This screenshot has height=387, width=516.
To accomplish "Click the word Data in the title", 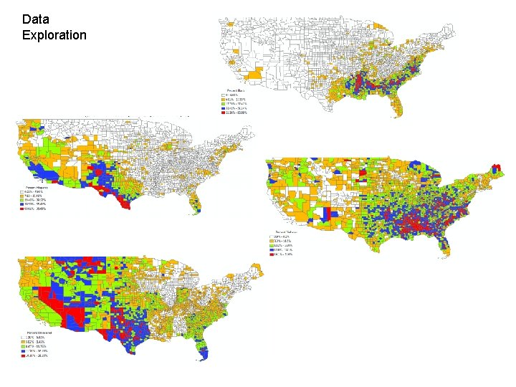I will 36,19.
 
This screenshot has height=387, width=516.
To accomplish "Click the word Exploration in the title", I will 54,34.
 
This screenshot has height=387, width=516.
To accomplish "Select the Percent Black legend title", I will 236,91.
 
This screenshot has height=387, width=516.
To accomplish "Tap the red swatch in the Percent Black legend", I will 222,113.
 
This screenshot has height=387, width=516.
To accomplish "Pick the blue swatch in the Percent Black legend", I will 222,108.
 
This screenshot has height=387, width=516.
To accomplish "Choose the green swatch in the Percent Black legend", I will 222,104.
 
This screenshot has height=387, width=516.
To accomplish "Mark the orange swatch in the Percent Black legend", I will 222,100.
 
